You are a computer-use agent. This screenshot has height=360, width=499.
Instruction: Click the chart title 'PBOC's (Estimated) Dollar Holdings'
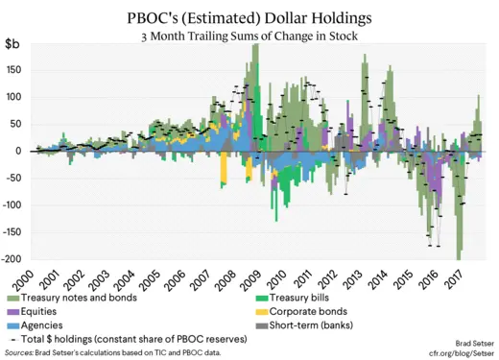[x=249, y=17]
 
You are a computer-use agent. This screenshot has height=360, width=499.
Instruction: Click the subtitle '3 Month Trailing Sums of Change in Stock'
[x=249, y=36]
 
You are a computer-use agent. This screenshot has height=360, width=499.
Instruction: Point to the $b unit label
[x=14, y=44]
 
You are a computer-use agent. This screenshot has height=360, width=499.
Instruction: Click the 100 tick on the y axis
[x=14, y=97]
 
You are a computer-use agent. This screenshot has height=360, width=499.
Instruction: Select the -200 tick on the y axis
[x=12, y=259]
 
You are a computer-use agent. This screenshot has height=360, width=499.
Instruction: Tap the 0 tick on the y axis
[x=19, y=151]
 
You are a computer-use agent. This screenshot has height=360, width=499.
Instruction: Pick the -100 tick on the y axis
[x=12, y=205]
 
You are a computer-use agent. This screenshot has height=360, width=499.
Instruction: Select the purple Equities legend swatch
[x=12, y=312]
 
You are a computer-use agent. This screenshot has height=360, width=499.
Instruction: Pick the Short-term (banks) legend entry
[x=311, y=326]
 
